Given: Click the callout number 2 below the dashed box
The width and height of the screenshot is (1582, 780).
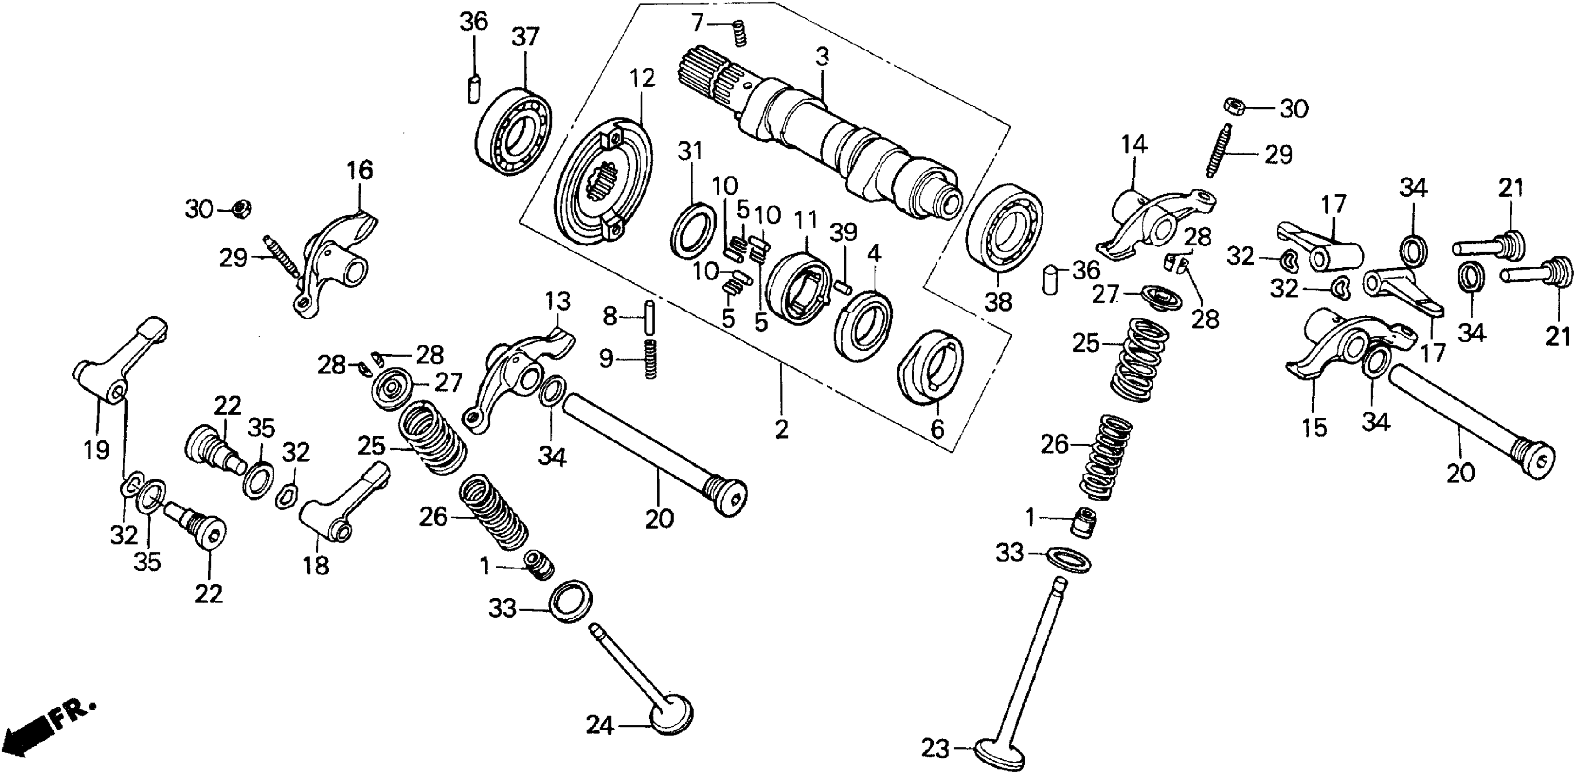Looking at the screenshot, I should pyautogui.click(x=781, y=429).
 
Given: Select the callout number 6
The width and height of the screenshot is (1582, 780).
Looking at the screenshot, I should pyautogui.click(x=936, y=429).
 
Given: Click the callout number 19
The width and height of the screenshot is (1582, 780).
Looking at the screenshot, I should pyautogui.click(x=97, y=450).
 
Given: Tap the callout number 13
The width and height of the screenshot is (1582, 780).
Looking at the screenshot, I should pyautogui.click(x=557, y=301).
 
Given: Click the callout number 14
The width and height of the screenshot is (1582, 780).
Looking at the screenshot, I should pyautogui.click(x=1134, y=145).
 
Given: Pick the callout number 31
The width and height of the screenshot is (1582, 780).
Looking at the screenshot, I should pyautogui.click(x=690, y=151).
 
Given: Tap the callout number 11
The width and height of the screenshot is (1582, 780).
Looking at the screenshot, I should pyautogui.click(x=806, y=219).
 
